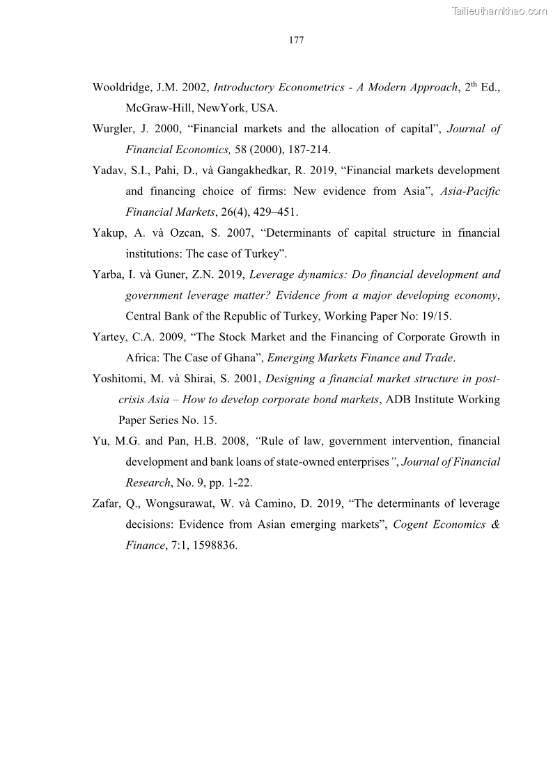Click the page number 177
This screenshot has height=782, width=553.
[x=296, y=40]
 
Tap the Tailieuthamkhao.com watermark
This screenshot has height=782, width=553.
[x=500, y=10]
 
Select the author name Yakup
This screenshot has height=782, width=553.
[x=108, y=233]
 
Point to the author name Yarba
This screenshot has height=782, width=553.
[x=108, y=275]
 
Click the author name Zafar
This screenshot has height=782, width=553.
[x=107, y=503]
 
